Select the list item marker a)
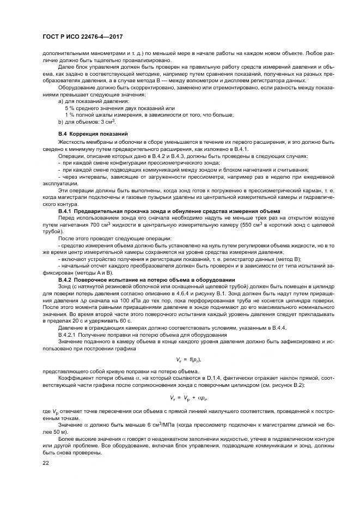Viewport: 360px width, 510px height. tap(61, 101)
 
